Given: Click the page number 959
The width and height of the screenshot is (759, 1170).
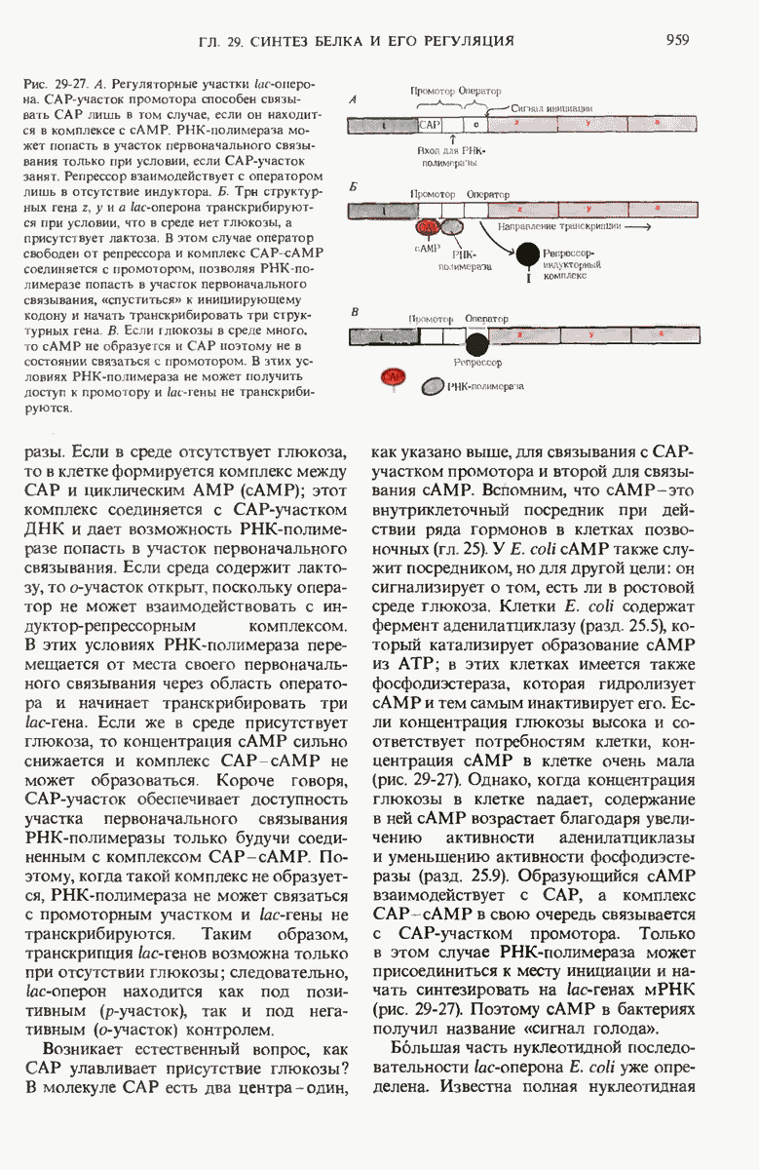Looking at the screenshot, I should [x=678, y=40].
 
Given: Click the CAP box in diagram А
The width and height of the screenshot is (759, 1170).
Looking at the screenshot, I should [x=430, y=125].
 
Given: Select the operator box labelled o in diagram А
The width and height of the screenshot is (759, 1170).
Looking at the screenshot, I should [x=474, y=125].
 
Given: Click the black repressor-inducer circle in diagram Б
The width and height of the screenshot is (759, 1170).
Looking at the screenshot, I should [x=527, y=255].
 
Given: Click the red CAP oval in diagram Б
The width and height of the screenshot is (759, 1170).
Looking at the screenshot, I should [x=427, y=227].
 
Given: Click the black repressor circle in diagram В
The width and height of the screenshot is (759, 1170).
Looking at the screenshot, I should [x=476, y=342].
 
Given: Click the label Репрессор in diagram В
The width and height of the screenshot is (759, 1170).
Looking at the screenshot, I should [x=477, y=365].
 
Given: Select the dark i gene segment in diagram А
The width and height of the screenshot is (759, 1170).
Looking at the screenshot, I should [x=383, y=125].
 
